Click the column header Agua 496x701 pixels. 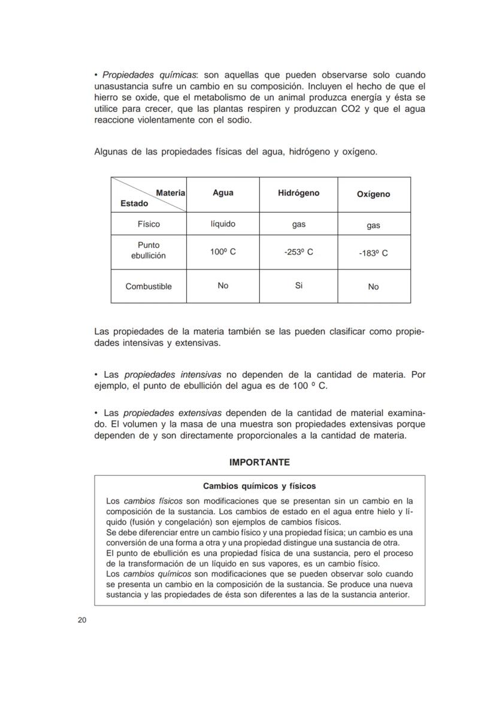point(223,193)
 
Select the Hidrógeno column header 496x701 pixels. point(298,193)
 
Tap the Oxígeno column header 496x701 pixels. point(373,195)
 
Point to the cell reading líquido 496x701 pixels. point(223,224)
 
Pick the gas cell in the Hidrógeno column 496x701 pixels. point(298,224)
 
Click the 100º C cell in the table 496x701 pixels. point(223,252)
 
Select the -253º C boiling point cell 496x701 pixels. point(298,252)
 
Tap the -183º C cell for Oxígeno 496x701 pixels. point(373,253)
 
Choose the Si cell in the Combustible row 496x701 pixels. point(298,286)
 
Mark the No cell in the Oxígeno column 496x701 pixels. point(373,287)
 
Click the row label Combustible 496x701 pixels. point(149,287)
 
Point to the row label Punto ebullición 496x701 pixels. point(149,250)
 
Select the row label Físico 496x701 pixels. point(149,224)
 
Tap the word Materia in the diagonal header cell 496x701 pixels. point(170,193)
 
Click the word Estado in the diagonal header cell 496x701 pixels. point(134,204)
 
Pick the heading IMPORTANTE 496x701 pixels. point(259,463)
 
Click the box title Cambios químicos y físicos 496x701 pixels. point(259,486)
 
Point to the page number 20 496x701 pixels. point(82,620)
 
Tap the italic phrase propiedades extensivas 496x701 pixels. point(173,413)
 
